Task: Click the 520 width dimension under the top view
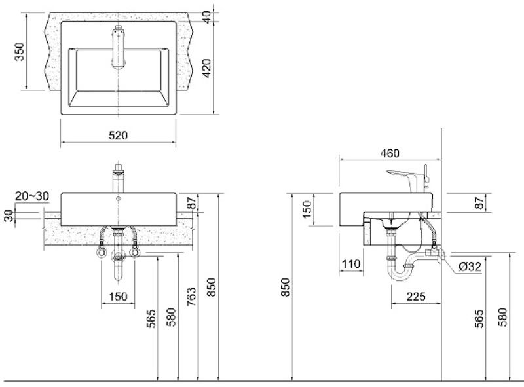coord(118,136)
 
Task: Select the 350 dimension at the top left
coord(19,52)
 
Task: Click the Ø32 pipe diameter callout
coord(472,267)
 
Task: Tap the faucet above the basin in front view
coord(118,177)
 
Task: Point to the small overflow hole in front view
coord(118,198)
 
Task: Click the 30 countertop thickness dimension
coord(9,216)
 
